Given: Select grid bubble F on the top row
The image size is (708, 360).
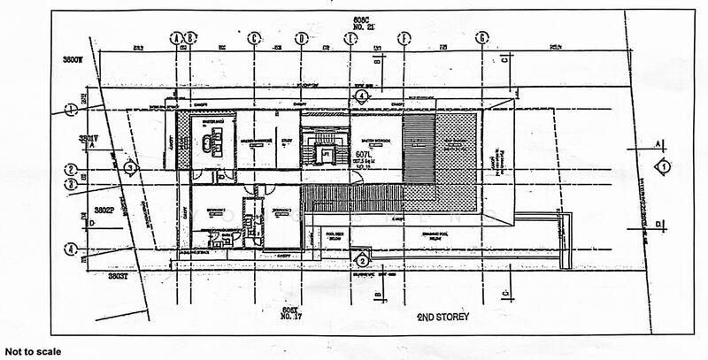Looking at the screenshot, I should pos(404,38).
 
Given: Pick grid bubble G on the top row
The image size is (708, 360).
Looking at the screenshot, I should pos(481,38).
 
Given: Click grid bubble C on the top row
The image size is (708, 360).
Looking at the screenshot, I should pos(254,38).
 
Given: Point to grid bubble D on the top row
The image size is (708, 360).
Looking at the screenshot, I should pos(302,38).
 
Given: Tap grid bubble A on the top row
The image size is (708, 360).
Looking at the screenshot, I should pos(177,38).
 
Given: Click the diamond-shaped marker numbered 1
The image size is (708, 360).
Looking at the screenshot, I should pos(659,166).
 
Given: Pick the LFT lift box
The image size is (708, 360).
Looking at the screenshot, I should pos(326,153).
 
